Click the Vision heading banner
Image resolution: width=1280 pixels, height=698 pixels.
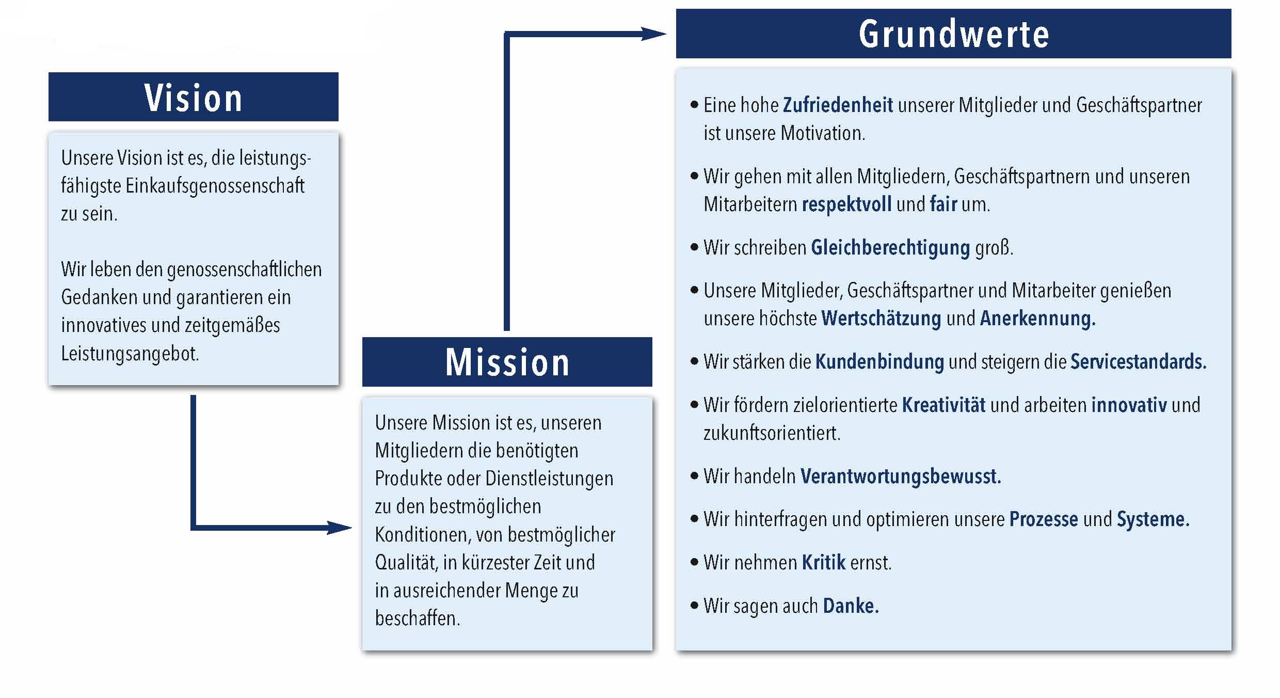click(x=194, y=97)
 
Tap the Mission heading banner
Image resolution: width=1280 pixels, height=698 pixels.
click(x=507, y=362)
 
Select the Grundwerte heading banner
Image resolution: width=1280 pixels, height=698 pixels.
click(x=953, y=34)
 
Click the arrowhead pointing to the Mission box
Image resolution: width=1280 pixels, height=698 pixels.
click(x=341, y=528)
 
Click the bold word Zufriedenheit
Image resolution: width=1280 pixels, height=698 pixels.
click(x=837, y=105)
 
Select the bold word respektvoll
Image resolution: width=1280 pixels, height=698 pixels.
click(x=846, y=204)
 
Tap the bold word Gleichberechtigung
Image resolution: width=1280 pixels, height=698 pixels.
click(x=890, y=248)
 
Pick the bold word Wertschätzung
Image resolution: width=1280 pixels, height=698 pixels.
click(x=881, y=319)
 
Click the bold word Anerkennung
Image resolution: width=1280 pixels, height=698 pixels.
click(x=1037, y=319)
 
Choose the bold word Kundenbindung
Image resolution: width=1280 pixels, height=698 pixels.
click(x=879, y=362)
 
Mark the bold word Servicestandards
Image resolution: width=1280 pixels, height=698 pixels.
click(x=1138, y=362)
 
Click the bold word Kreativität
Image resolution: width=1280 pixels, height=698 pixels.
click(x=943, y=405)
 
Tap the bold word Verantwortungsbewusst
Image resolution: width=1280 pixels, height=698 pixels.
click(x=900, y=476)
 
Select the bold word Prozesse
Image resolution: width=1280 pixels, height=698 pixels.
click(x=1044, y=519)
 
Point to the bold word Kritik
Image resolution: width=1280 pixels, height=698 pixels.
click(x=824, y=563)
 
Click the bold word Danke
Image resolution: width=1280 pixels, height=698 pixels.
click(x=850, y=606)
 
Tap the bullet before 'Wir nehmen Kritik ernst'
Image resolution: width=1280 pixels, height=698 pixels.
click(x=694, y=562)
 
